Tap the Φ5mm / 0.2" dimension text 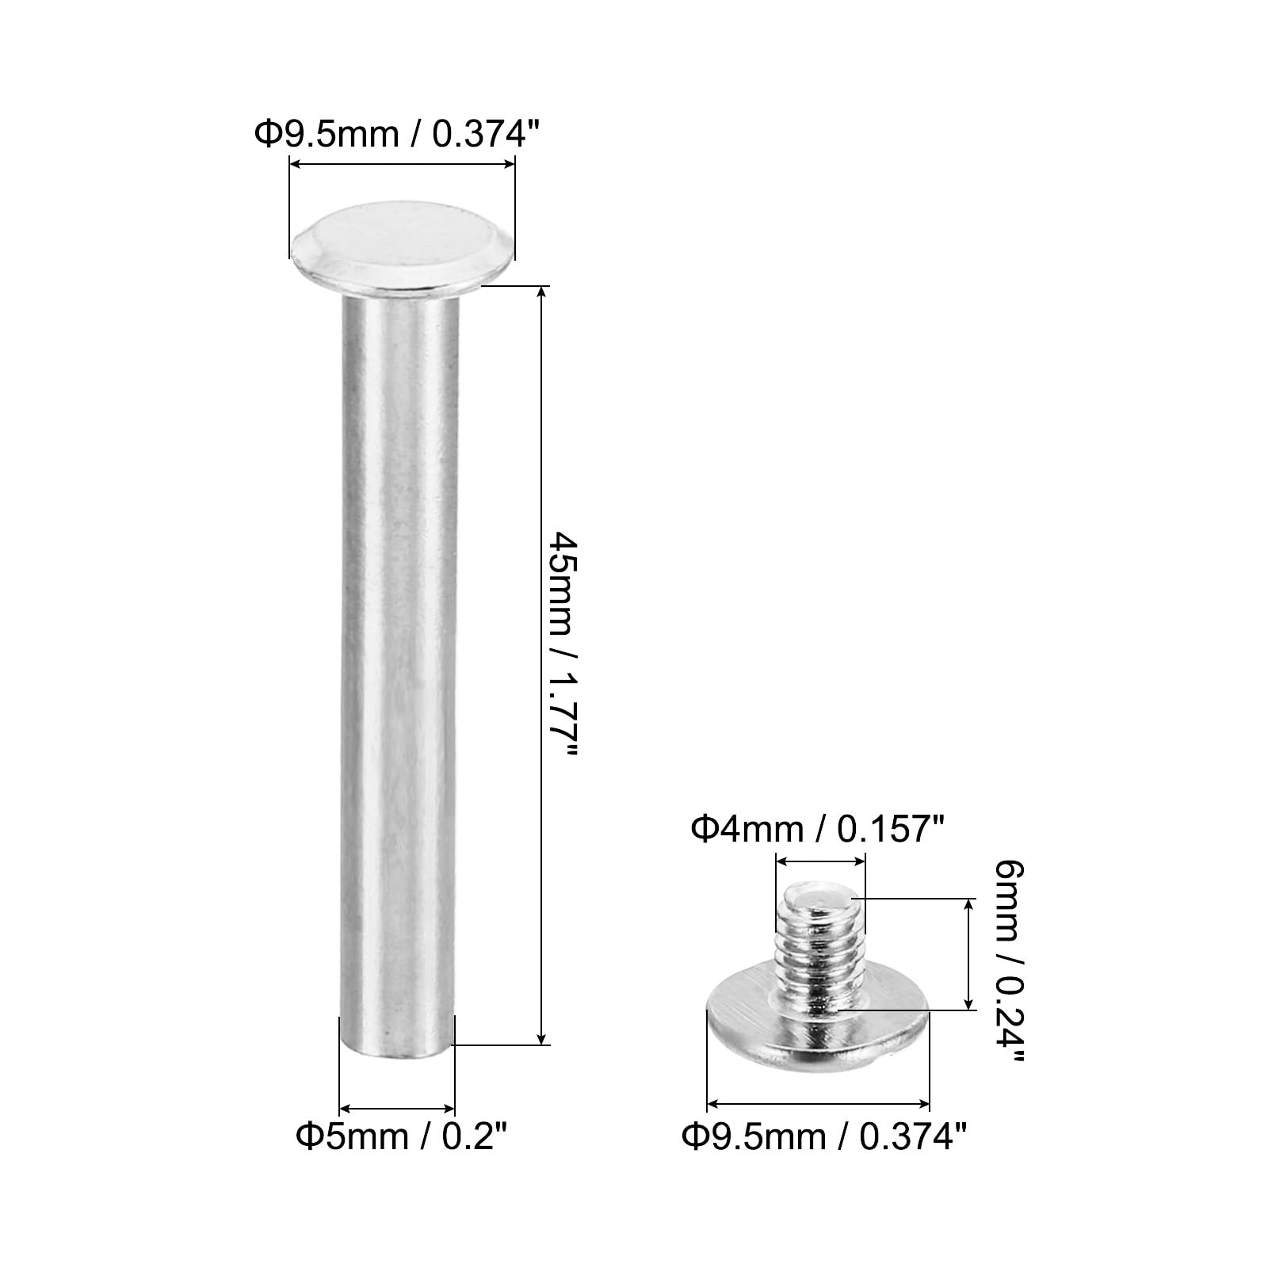[401, 1137]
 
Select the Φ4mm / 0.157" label [818, 830]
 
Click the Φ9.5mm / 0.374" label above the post [402, 134]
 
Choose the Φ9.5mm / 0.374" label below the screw [824, 1138]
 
